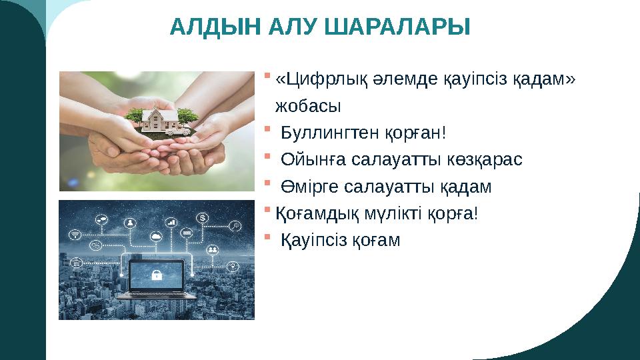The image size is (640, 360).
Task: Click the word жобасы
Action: (x=307, y=106)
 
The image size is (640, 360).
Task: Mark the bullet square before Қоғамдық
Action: (x=267, y=211)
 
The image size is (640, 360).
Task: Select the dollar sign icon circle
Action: (x=203, y=217)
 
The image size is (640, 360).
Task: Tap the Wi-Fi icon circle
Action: (x=75, y=234)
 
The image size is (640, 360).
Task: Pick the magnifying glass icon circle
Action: (x=235, y=226)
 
